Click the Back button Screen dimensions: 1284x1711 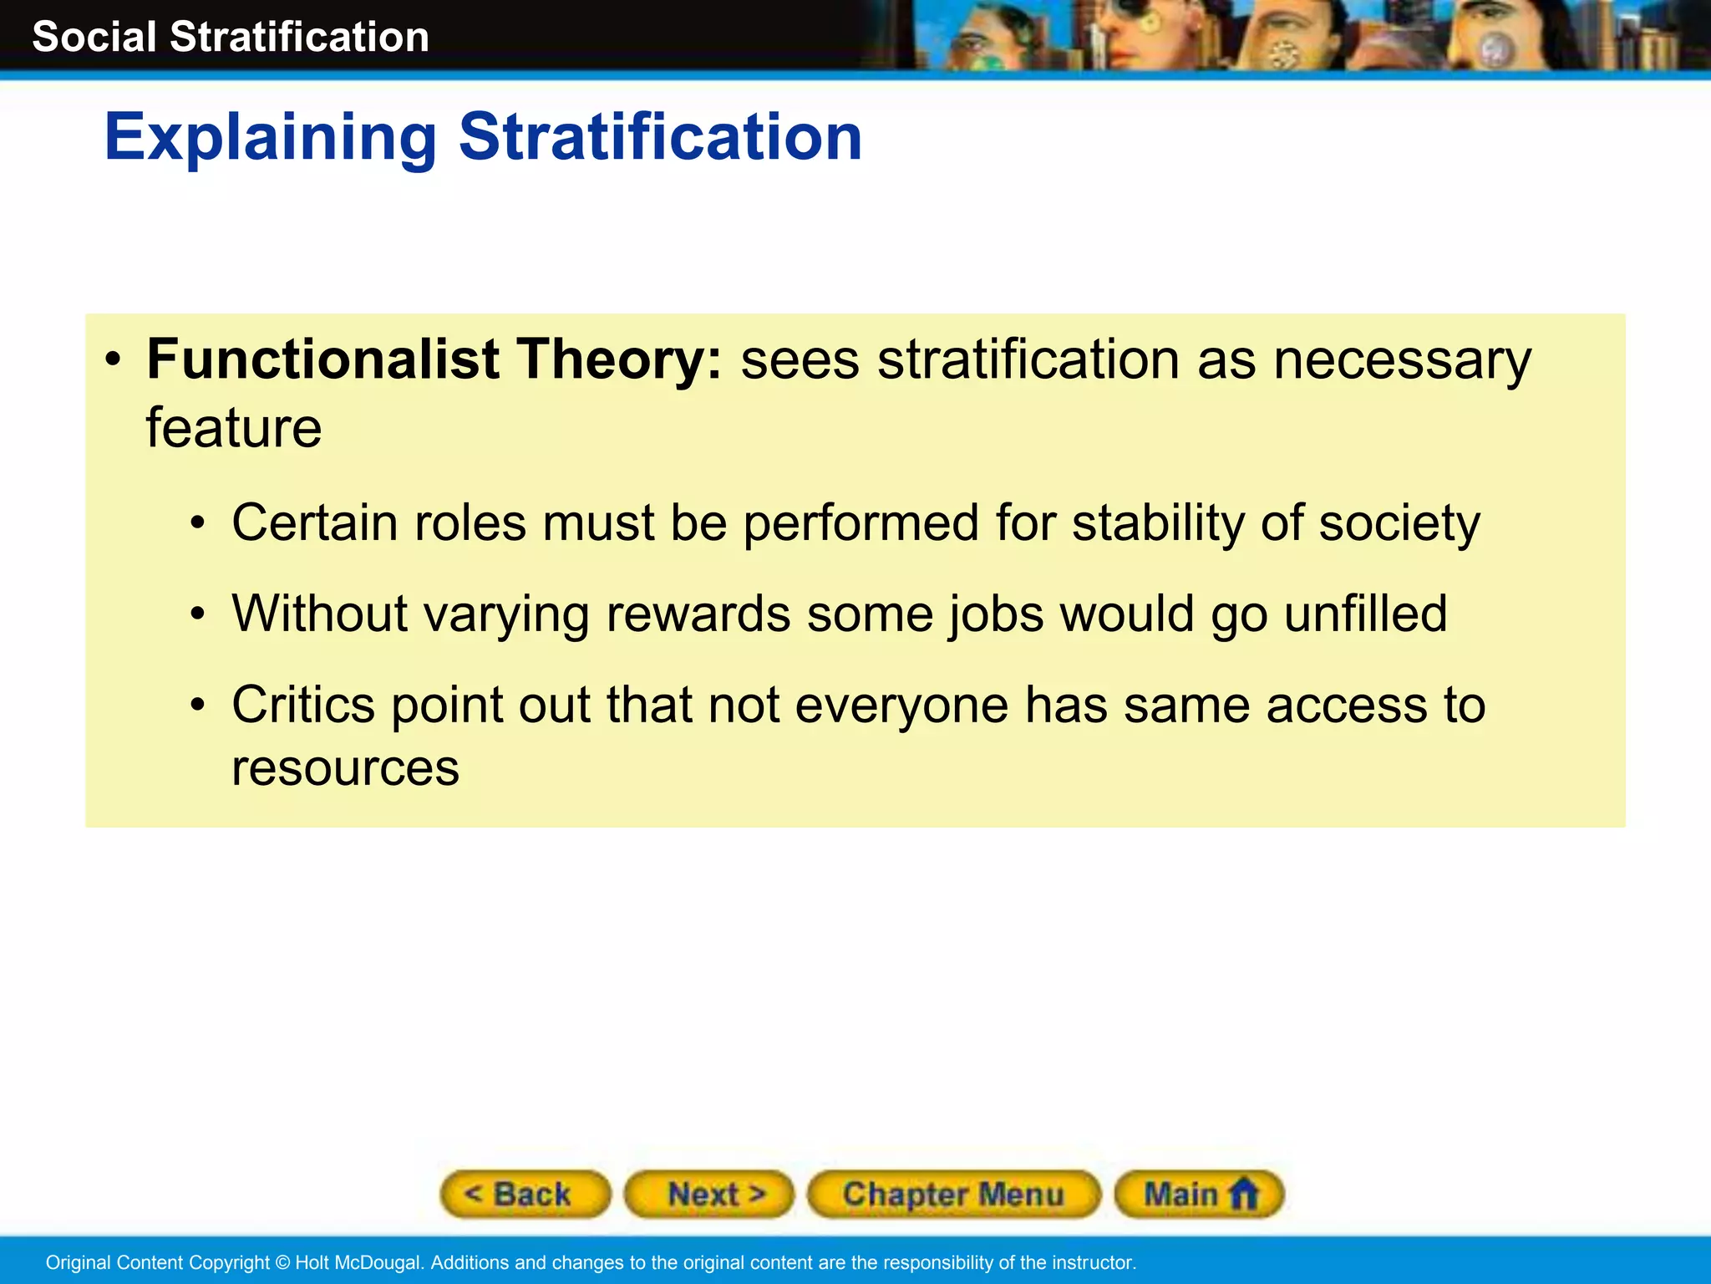pos(525,1194)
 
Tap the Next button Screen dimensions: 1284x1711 pos(709,1194)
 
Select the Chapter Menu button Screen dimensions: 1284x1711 pos(953,1194)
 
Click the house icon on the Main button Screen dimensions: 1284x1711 pos(1244,1193)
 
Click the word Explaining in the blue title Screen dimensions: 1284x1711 pos(270,138)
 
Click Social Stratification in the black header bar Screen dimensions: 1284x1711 pos(231,37)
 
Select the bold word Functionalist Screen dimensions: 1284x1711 pos(322,359)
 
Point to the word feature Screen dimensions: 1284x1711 pos(234,428)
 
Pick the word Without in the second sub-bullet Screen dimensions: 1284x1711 pos(320,614)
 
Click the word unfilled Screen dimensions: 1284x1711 pos(1365,614)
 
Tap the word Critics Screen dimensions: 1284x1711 pos(303,705)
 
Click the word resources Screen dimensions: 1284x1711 pos(345,768)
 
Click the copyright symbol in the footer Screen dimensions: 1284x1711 pos(282,1262)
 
